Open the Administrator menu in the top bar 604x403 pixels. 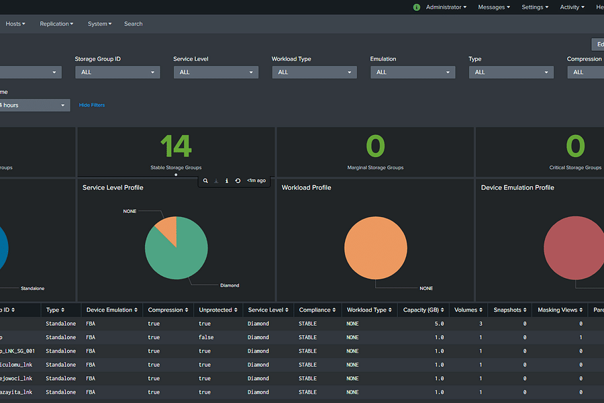coord(446,7)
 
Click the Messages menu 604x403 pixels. coord(493,7)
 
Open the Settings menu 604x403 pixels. coord(535,7)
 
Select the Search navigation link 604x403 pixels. coord(134,24)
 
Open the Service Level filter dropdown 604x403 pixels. coord(215,72)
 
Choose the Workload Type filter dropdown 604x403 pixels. coord(314,72)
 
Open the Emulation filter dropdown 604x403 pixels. coord(413,72)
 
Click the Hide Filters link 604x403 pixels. coord(92,105)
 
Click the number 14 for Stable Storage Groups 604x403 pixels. coord(176,146)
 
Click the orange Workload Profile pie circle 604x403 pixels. coord(376,248)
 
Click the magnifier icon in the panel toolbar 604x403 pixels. coord(206,181)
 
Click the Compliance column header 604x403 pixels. coord(317,310)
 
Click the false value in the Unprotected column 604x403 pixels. coord(206,337)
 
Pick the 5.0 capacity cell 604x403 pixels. coord(439,324)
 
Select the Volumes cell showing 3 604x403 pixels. coord(481,324)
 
